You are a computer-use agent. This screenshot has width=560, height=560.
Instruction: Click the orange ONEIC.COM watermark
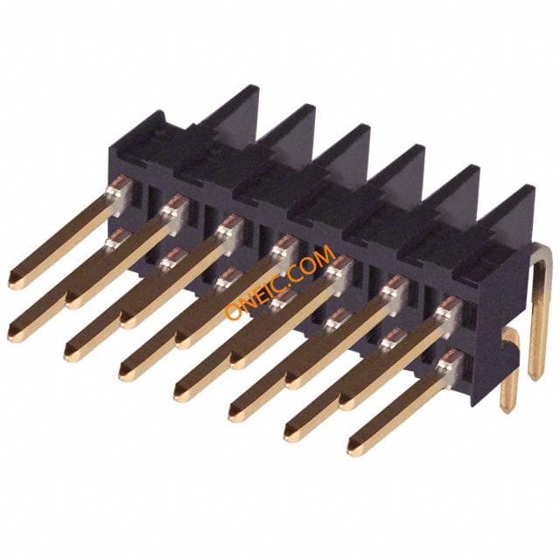coord(280,282)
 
